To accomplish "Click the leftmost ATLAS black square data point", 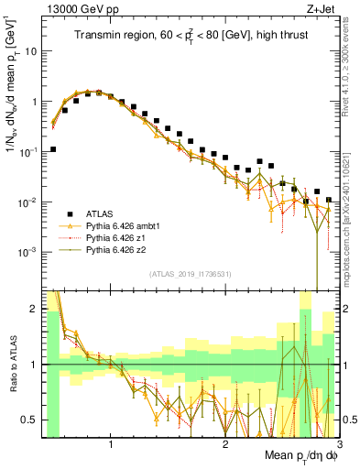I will point(53,148).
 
